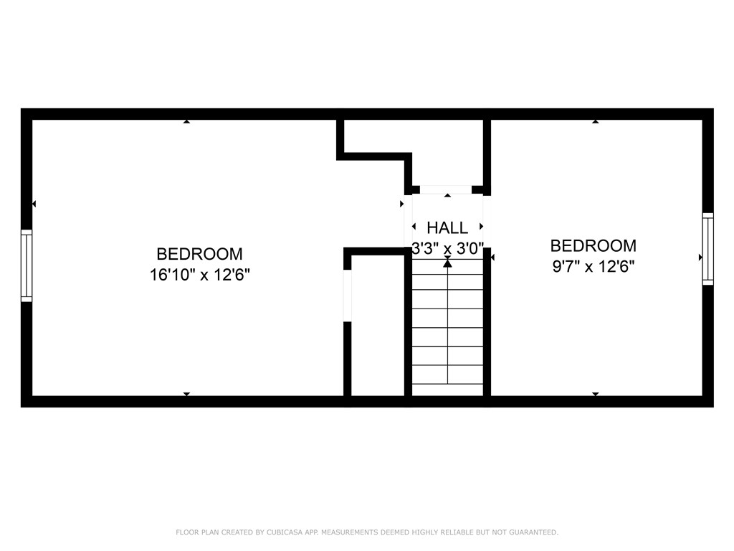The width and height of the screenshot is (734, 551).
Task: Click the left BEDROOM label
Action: coord(199,254)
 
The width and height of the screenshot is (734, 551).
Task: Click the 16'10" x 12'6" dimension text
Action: coord(199,274)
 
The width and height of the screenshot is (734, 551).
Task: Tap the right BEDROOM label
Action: coord(593,246)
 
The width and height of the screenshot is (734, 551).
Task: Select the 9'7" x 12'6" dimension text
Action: coord(593,266)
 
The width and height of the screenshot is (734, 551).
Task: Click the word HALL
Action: coord(447,228)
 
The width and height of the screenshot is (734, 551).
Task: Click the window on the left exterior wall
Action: coord(27,265)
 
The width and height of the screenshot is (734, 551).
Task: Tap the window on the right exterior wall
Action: coord(707,249)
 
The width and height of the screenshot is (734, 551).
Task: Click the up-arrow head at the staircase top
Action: coord(448,263)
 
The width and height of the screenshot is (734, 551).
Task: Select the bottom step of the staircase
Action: coord(448,389)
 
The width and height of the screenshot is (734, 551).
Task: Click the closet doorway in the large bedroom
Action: coord(348,296)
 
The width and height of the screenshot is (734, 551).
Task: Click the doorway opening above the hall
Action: coord(445,189)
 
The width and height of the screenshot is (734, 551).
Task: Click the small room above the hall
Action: coord(448,151)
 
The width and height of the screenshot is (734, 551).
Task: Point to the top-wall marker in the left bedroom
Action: coord(186,121)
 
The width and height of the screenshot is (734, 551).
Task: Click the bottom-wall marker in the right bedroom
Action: coord(596,394)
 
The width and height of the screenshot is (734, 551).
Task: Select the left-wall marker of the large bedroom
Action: coord(34,204)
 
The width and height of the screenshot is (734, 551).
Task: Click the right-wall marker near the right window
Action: coord(700,257)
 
